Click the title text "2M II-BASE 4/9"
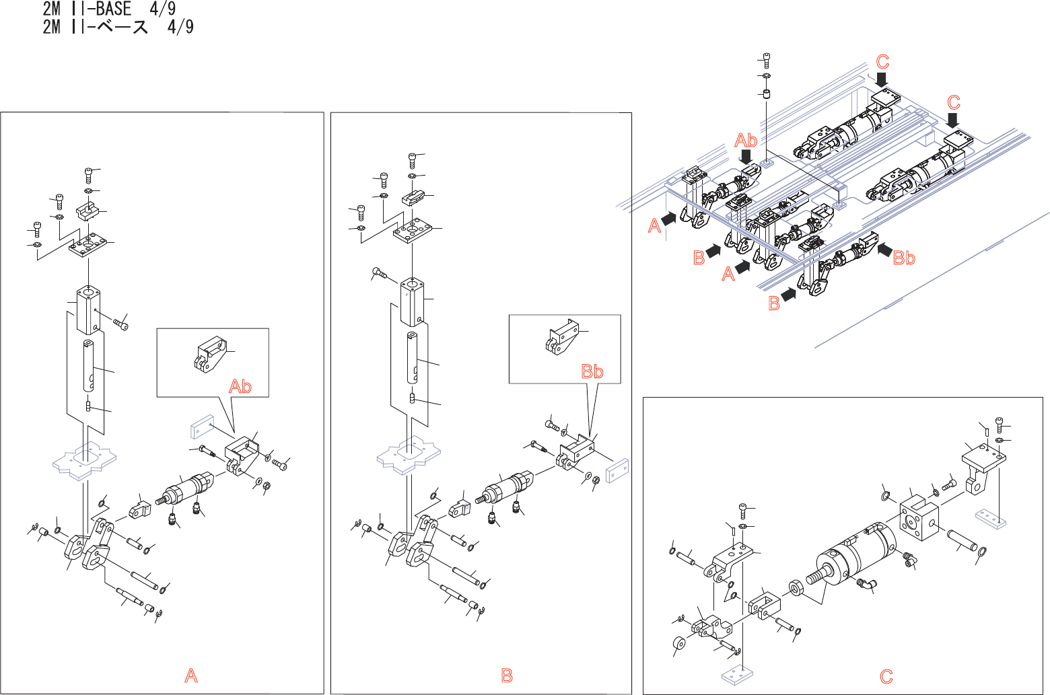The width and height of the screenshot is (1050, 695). pos(109,9)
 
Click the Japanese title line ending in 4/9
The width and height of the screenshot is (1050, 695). pos(118,27)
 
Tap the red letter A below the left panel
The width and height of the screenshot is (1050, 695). pos(191,675)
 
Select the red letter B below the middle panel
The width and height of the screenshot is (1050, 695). pos(507,675)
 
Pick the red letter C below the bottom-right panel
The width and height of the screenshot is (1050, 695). pos(886,676)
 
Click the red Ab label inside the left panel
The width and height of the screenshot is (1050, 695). pos(240,387)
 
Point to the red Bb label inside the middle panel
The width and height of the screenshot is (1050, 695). pos(592,371)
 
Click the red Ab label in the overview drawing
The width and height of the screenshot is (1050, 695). pos(746,141)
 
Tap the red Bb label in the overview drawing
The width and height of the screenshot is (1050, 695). pos(904,258)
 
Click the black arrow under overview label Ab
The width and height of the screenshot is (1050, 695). pos(746,157)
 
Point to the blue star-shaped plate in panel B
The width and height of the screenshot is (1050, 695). pos(408,456)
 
